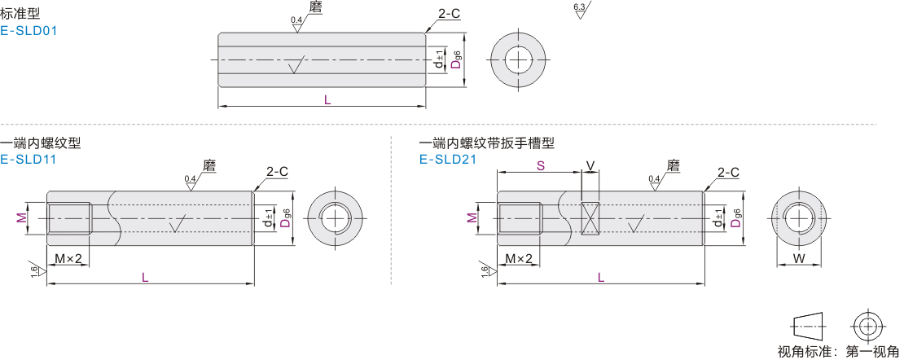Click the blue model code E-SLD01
[29, 31]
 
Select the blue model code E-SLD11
[29, 160]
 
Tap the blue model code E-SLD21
[447, 160]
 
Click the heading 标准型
[20, 14]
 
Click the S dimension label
[540, 165]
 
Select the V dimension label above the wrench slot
[590, 165]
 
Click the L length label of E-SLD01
[327, 99]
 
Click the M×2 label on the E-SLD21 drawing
[518, 259]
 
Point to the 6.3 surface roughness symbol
[581, 11]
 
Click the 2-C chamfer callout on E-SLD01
[449, 14]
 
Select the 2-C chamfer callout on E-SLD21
[728, 172]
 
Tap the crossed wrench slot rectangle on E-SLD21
[590, 218]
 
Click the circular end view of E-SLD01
[517, 59]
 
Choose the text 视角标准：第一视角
[838, 352]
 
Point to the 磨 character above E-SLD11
[208, 165]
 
